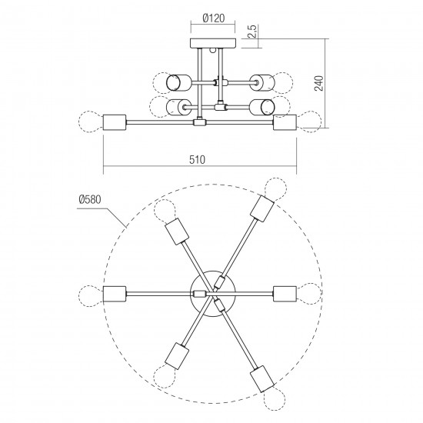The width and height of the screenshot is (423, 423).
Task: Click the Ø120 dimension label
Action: tap(213, 18)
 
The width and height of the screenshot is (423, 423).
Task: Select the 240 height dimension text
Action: tap(319, 83)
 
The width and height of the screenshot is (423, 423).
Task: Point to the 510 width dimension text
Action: tap(197, 160)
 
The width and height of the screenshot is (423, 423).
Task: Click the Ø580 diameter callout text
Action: tap(90, 200)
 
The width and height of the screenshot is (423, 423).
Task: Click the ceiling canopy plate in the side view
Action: tap(213, 43)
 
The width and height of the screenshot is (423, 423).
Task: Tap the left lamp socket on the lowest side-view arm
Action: tap(115, 122)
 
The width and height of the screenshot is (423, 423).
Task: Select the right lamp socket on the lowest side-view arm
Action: tap(285, 122)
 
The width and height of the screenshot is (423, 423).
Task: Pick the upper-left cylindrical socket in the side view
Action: tap(178, 82)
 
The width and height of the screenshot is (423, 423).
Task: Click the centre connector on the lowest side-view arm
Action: tap(200, 122)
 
